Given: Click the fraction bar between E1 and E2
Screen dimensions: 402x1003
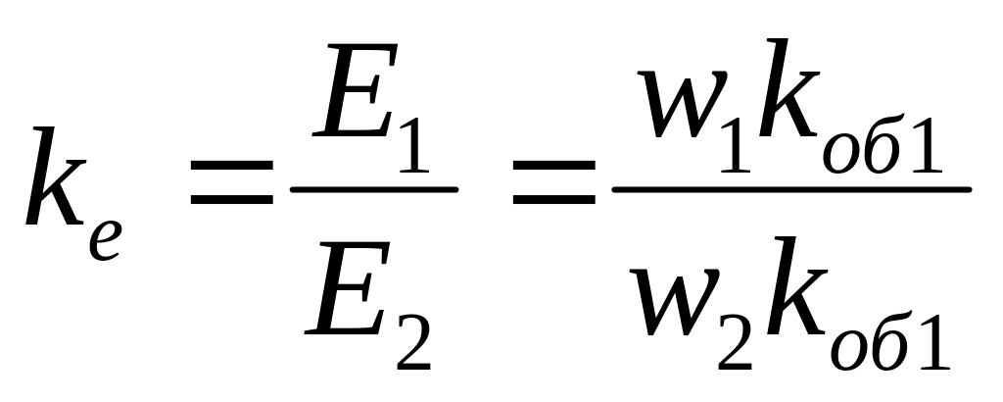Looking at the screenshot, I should tap(374, 188).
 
